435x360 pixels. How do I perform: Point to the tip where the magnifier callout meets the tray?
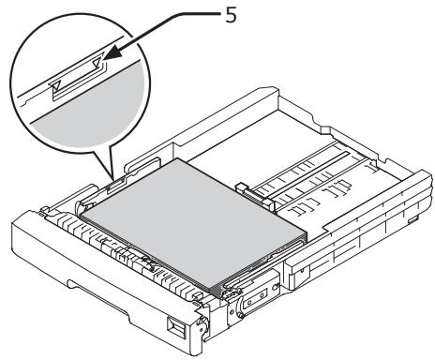point(110,175)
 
